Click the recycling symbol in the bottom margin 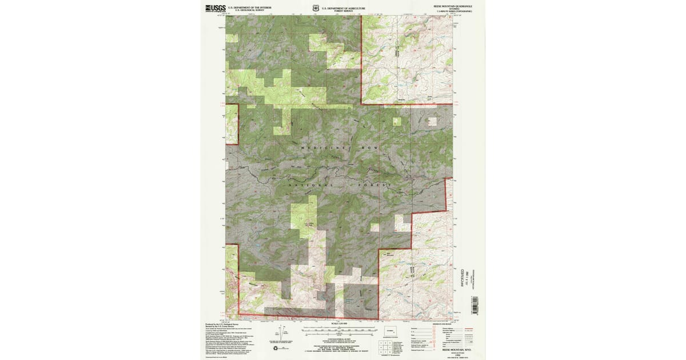click(x=276, y=347)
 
